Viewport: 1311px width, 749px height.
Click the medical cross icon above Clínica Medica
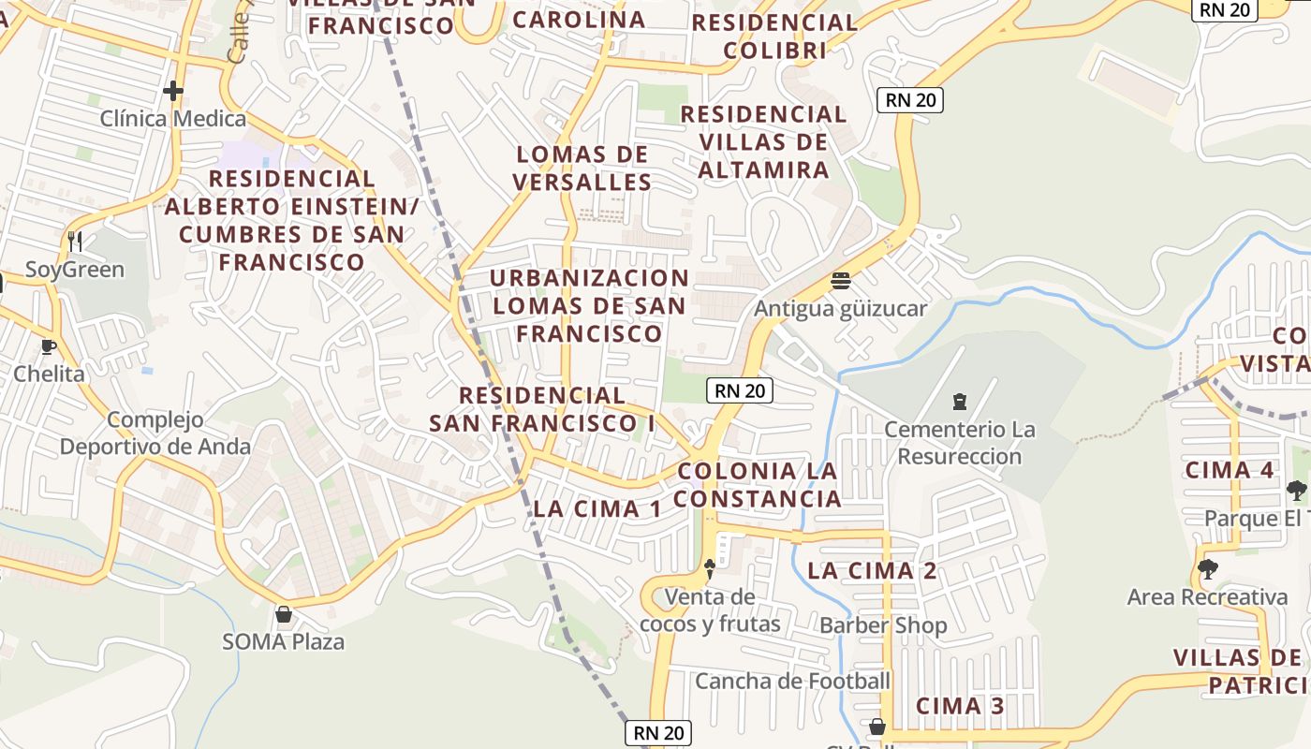coord(173,91)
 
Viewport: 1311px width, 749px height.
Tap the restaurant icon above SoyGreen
coord(75,242)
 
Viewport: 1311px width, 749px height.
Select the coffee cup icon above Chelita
coord(49,346)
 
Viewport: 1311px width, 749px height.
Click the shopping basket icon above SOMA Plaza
coord(283,614)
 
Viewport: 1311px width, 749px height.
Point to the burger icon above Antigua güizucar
coord(841,281)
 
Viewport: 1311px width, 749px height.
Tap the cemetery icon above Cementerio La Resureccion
coord(959,402)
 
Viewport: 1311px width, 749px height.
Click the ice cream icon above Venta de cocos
coord(710,567)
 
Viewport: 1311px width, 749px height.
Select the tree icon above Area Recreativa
coord(1208,568)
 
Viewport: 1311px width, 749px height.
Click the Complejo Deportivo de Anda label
coord(155,433)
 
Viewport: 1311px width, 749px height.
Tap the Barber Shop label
coord(883,625)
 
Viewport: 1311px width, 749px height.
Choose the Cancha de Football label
coord(792,681)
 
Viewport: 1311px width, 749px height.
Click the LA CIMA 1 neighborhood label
coord(597,509)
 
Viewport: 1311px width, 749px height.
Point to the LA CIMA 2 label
coord(872,570)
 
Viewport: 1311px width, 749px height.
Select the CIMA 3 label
coord(961,706)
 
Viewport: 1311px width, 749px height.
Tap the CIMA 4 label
coord(1230,470)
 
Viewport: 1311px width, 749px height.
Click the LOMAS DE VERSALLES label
coord(583,168)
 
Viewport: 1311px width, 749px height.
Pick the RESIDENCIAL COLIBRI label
coord(774,36)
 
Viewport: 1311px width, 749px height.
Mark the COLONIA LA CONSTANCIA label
coord(758,484)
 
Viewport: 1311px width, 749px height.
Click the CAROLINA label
coord(579,19)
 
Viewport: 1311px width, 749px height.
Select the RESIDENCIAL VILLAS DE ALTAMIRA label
coord(763,141)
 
